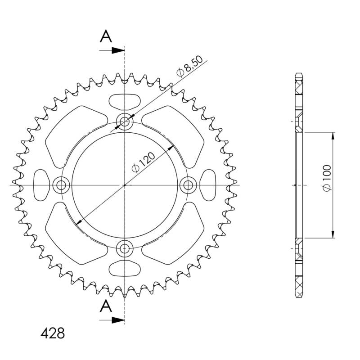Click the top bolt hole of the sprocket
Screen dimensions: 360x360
[x=125, y=121]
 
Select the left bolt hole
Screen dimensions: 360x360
[x=61, y=184]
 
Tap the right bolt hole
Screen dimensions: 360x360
[x=188, y=184]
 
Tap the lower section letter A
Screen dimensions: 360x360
[x=106, y=306]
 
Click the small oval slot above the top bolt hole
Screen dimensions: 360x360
[x=125, y=101]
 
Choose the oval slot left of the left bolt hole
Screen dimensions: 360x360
[x=41, y=184]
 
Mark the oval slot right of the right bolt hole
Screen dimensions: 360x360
[x=207, y=184]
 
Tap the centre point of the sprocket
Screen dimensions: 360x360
[x=125, y=184]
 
